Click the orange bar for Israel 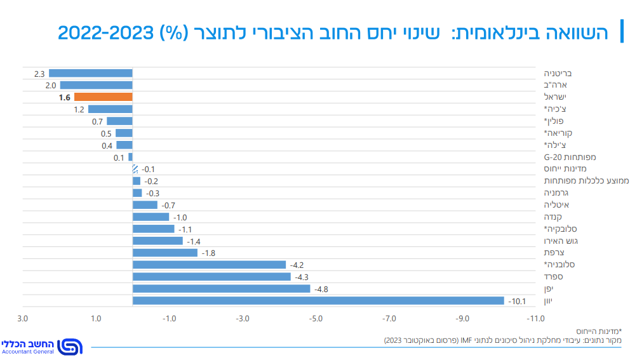(x=103, y=97)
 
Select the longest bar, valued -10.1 (x=318, y=301)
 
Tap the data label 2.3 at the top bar (x=39, y=74)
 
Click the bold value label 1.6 (x=64, y=97)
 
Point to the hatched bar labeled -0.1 (x=135, y=170)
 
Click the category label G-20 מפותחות (x=570, y=157)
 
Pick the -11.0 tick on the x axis (x=535, y=319)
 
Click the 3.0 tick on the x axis (x=23, y=319)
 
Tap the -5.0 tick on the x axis (x=316, y=319)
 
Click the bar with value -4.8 (x=221, y=289)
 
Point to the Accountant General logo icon (x=69, y=347)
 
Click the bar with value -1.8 (x=165, y=253)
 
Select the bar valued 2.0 (x=96, y=85)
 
